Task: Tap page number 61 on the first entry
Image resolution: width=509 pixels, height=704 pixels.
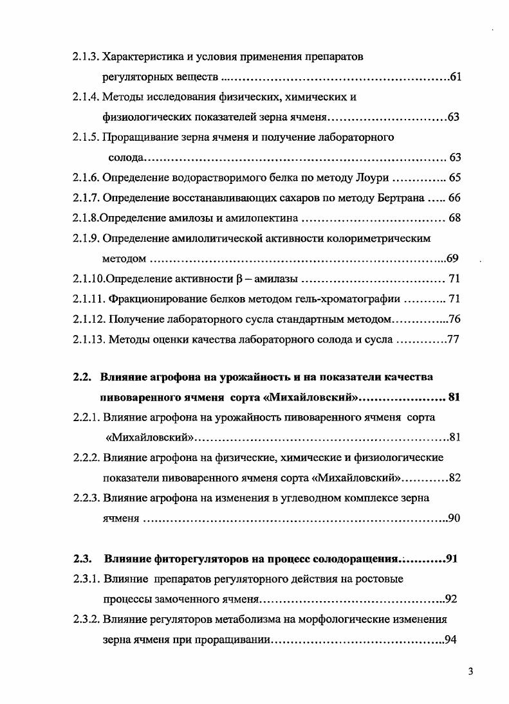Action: tap(455, 78)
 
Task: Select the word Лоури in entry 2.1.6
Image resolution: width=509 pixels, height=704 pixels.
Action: tap(375, 177)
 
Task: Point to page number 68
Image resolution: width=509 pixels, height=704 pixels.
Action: tap(454, 218)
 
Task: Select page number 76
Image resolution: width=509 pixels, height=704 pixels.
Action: tap(454, 319)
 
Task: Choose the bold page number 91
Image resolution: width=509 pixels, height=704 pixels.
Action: tap(452, 558)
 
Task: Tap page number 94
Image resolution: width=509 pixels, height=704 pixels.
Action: tap(451, 640)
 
